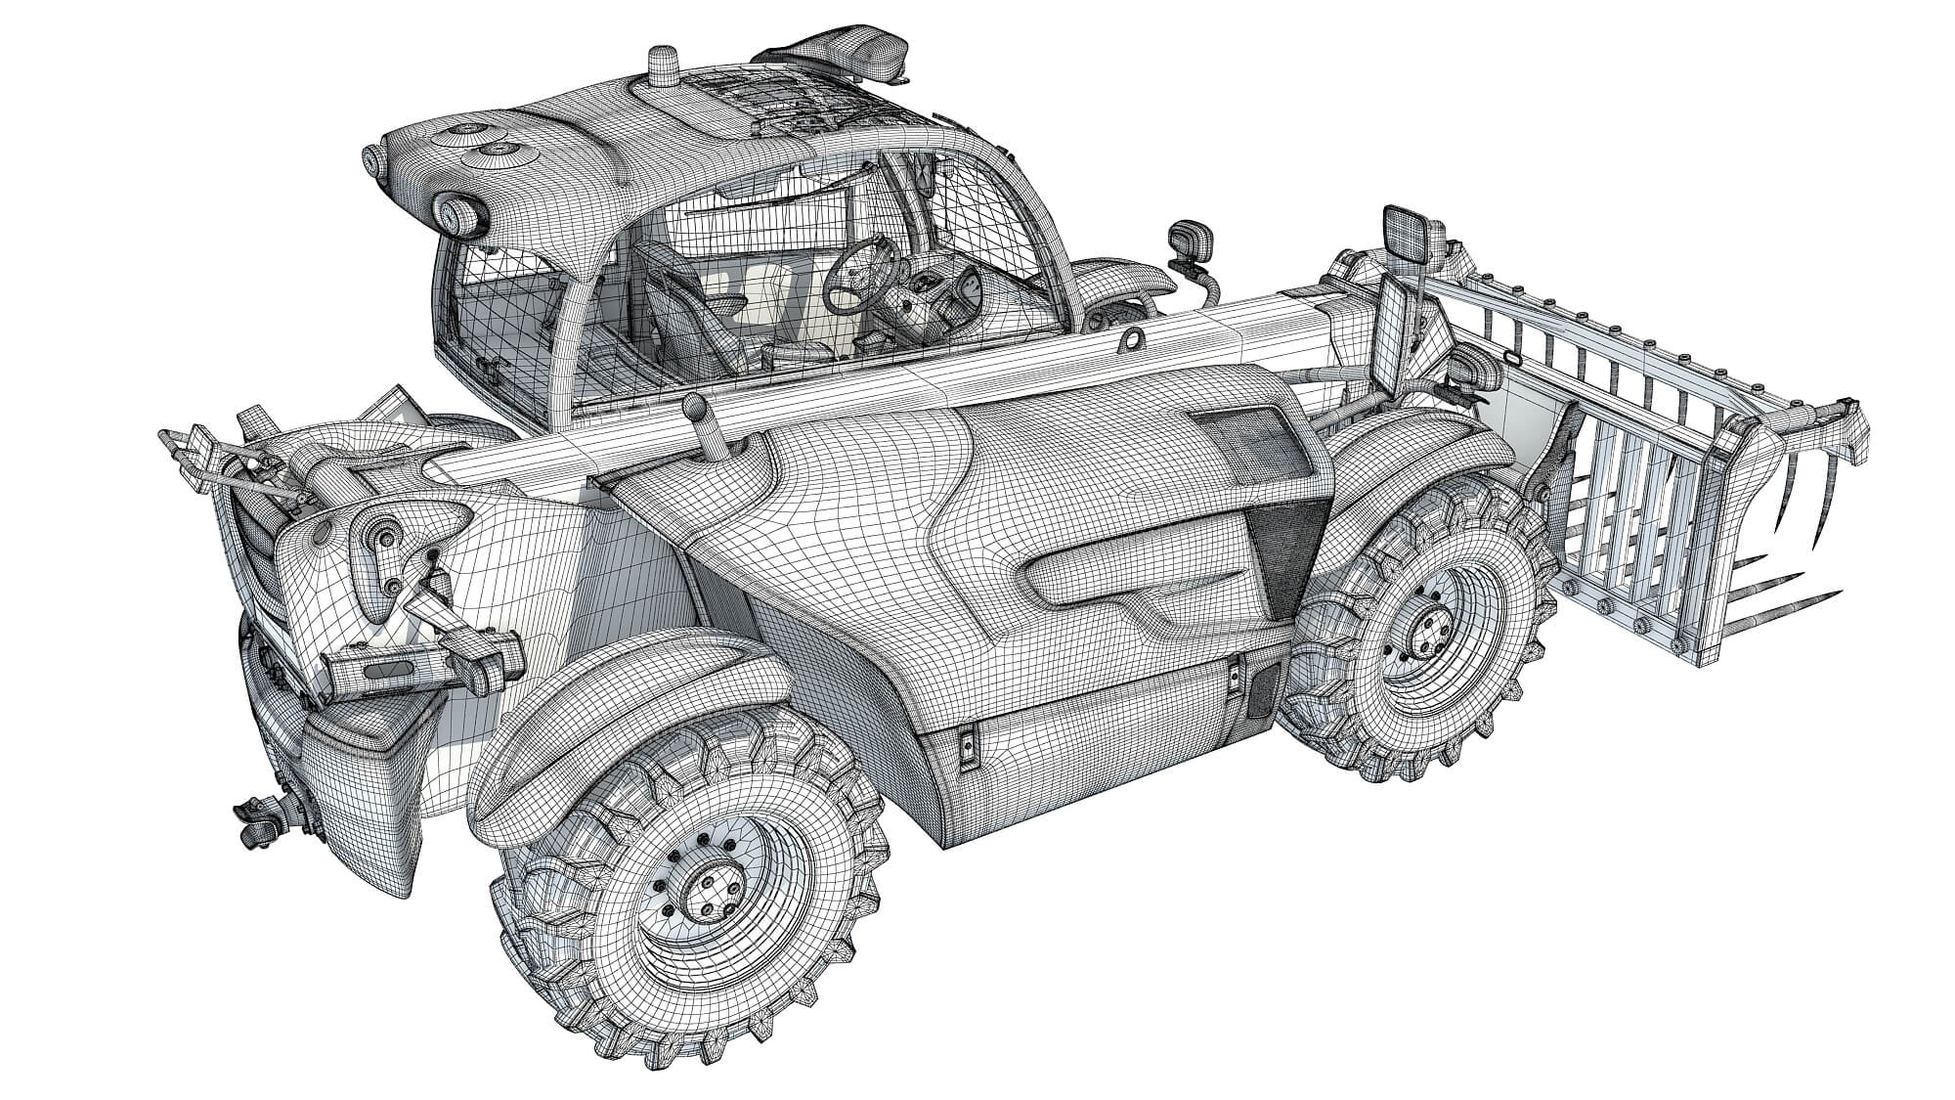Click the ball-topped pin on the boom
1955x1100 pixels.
tap(696, 408)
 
